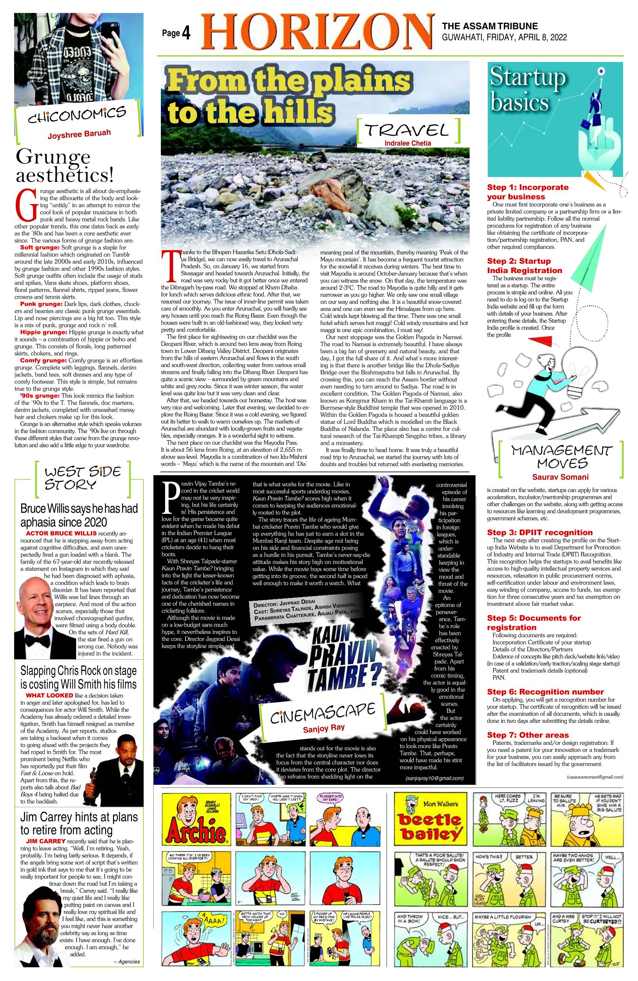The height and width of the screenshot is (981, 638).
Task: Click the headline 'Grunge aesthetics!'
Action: pos(64,166)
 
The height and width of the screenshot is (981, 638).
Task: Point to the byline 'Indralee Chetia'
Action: pos(408,143)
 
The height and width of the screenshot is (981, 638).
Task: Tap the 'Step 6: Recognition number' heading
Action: pos(545,692)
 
